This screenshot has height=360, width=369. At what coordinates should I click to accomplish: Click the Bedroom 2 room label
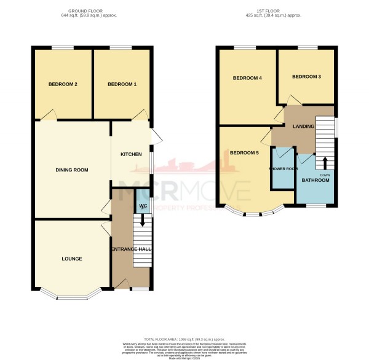coord(63,84)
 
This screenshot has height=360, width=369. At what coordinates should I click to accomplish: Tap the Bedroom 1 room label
coord(122,84)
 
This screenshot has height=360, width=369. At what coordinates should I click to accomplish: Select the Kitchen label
coord(131,154)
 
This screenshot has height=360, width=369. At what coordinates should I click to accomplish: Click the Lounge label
coord(72,259)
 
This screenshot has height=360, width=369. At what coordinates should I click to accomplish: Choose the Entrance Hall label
coord(131,249)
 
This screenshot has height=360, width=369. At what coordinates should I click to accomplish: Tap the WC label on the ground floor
coord(143,206)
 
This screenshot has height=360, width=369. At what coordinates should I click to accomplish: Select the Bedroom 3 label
coord(306,77)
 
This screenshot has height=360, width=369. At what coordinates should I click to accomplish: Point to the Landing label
coord(304,127)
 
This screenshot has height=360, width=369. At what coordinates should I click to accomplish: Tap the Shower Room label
coord(283,168)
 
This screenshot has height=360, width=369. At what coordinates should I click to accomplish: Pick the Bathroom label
coord(315,180)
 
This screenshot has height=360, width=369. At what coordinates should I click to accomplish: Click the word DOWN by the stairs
coord(325,174)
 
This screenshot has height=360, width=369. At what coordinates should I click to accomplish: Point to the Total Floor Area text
coord(184,339)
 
